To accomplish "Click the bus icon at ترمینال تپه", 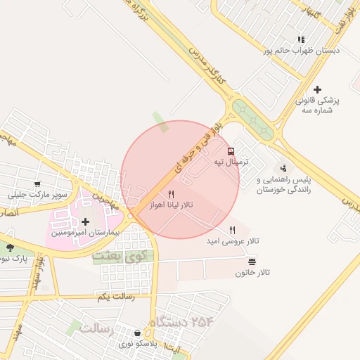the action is pyautogui.click(x=231, y=151).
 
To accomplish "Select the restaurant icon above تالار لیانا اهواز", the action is pyautogui.click(x=171, y=194).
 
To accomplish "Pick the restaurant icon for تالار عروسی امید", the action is pyautogui.click(x=232, y=230).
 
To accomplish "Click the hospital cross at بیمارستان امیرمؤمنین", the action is pyautogui.click(x=86, y=222).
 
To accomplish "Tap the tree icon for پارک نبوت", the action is pyautogui.click(x=10, y=247).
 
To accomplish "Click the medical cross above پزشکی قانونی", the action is pyautogui.click(x=318, y=89).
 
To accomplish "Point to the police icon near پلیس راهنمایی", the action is pyautogui.click(x=283, y=168).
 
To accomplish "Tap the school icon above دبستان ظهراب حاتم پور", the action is pyautogui.click(x=301, y=40).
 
